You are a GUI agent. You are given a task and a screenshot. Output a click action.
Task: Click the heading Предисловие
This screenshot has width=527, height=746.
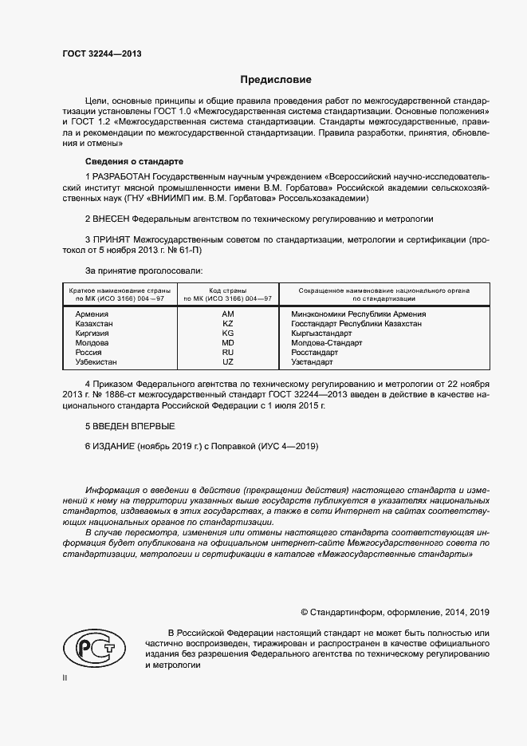tap(277, 80)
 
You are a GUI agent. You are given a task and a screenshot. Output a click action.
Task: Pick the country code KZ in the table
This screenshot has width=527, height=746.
tap(227, 324)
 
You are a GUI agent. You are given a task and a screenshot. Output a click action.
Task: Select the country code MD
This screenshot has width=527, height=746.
tap(227, 342)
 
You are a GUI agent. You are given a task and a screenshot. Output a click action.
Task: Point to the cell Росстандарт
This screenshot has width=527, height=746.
tap(315, 352)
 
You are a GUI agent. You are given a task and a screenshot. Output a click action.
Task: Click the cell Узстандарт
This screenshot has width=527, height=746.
tap(313, 361)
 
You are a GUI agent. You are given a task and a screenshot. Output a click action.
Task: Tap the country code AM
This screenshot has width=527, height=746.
tap(227, 314)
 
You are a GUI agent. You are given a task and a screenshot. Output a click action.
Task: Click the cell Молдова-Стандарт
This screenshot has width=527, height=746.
tap(327, 342)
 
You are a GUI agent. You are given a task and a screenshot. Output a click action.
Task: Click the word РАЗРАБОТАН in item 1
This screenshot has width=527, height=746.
tap(122, 176)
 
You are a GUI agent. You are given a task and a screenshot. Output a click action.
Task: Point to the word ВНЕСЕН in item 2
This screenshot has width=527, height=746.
tap(111, 218)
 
